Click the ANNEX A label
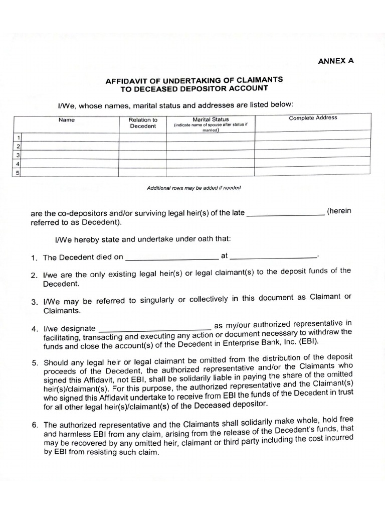[x=335, y=61]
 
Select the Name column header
[x=66, y=120]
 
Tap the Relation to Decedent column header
[x=143, y=123]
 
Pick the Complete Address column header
[x=313, y=118]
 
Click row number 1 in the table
[x=18, y=137]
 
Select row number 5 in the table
[x=18, y=173]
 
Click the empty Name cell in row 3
[x=70, y=155]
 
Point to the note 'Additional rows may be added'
[x=194, y=188]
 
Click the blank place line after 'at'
[x=273, y=256]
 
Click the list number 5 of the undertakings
[x=35, y=363]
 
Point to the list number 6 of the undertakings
[x=35, y=425]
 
